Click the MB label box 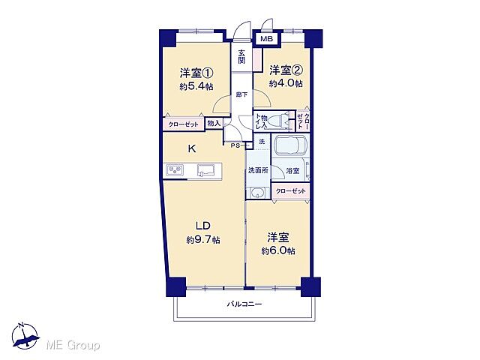(266, 38)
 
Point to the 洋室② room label (286, 70)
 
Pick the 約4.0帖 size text (286, 83)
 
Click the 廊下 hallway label (241, 94)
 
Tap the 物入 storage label (214, 122)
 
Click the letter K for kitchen (192, 148)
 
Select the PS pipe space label (235, 145)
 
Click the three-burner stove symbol (176, 172)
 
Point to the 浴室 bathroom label (292, 171)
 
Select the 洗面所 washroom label (257, 170)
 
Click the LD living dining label (202, 226)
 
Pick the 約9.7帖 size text (202, 240)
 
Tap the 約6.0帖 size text (278, 250)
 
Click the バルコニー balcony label (244, 304)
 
